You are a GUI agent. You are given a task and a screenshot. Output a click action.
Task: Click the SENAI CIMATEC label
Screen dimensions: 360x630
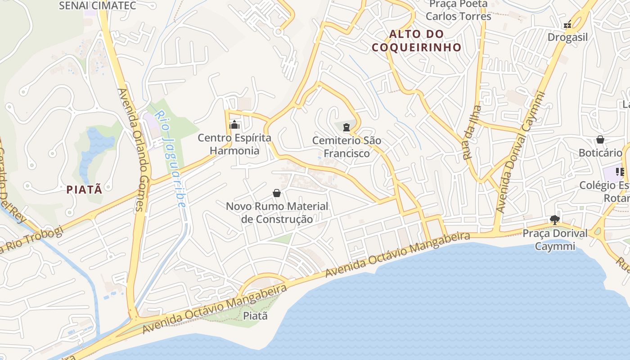98,5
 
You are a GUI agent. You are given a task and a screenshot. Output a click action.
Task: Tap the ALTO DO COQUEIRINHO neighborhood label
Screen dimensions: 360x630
417,40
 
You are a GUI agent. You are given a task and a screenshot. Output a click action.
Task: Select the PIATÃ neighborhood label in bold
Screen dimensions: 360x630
85,189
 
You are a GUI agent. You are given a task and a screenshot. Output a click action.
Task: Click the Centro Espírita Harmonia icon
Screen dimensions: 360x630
234,125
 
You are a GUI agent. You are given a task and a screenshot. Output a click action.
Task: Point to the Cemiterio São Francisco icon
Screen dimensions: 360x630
346,127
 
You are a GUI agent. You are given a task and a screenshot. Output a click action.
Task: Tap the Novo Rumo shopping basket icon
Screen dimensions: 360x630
277,193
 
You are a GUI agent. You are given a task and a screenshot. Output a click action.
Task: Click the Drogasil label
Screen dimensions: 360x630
567,37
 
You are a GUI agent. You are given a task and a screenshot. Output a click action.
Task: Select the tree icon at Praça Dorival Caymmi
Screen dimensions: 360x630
555,220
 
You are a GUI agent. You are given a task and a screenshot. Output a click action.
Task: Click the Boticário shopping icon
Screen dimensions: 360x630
600,139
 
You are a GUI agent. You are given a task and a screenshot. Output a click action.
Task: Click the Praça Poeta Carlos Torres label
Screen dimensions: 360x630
458,10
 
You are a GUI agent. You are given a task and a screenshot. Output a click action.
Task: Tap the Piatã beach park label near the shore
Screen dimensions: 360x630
255,316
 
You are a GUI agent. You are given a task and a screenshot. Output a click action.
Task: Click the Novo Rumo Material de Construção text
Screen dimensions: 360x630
277,213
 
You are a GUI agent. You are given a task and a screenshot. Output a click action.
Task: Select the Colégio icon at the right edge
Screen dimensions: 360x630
620,172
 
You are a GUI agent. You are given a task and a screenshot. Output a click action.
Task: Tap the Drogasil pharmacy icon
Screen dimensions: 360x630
568,24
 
